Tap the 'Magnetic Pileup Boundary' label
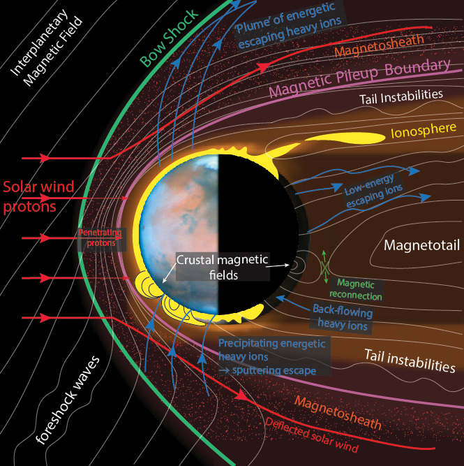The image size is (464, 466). click(x=359, y=78)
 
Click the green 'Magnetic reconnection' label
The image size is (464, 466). click(x=360, y=289)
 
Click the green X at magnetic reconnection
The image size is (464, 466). click(x=325, y=266)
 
